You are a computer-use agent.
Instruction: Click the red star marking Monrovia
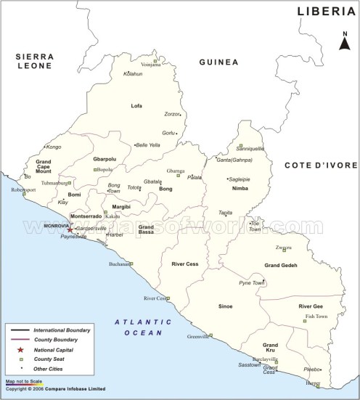coord(70,229)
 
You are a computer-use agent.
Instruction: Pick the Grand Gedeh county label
coord(281,266)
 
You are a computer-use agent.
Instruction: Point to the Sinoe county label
coord(226,306)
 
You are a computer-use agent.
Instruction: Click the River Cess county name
coord(186,264)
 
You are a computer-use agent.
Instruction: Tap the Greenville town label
coord(197,337)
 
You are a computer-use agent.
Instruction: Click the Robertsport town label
coord(23,189)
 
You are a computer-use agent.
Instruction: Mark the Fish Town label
coord(316,317)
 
